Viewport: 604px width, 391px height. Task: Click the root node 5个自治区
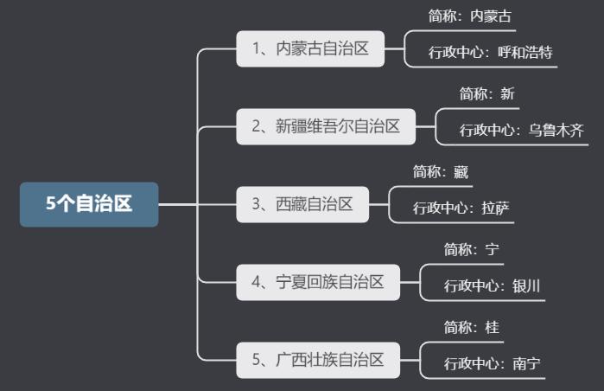pyautogui.click(x=89, y=204)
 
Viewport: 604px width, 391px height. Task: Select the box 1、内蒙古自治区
pyautogui.click(x=311, y=48)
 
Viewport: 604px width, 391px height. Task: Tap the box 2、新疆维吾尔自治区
pyautogui.click(x=326, y=126)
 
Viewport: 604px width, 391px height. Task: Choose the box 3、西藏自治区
pyautogui.click(x=302, y=204)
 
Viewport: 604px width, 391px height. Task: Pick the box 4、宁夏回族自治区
pyautogui.click(x=318, y=282)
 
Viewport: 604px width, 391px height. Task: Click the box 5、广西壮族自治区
pyautogui.click(x=318, y=360)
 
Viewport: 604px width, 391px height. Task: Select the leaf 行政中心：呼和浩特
pyautogui.click(x=491, y=52)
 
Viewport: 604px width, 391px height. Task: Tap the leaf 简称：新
pyautogui.click(x=487, y=93)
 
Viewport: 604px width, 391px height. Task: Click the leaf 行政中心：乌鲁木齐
pyautogui.click(x=522, y=130)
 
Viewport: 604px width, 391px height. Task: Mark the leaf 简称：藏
pyautogui.click(x=441, y=171)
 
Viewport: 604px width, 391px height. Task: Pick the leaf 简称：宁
pyautogui.click(x=472, y=249)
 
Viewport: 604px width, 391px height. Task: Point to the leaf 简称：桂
pyautogui.click(x=472, y=327)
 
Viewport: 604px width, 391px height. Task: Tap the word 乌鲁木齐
pyautogui.click(x=556, y=130)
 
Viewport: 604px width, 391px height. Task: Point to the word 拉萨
pyautogui.click(x=497, y=208)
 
